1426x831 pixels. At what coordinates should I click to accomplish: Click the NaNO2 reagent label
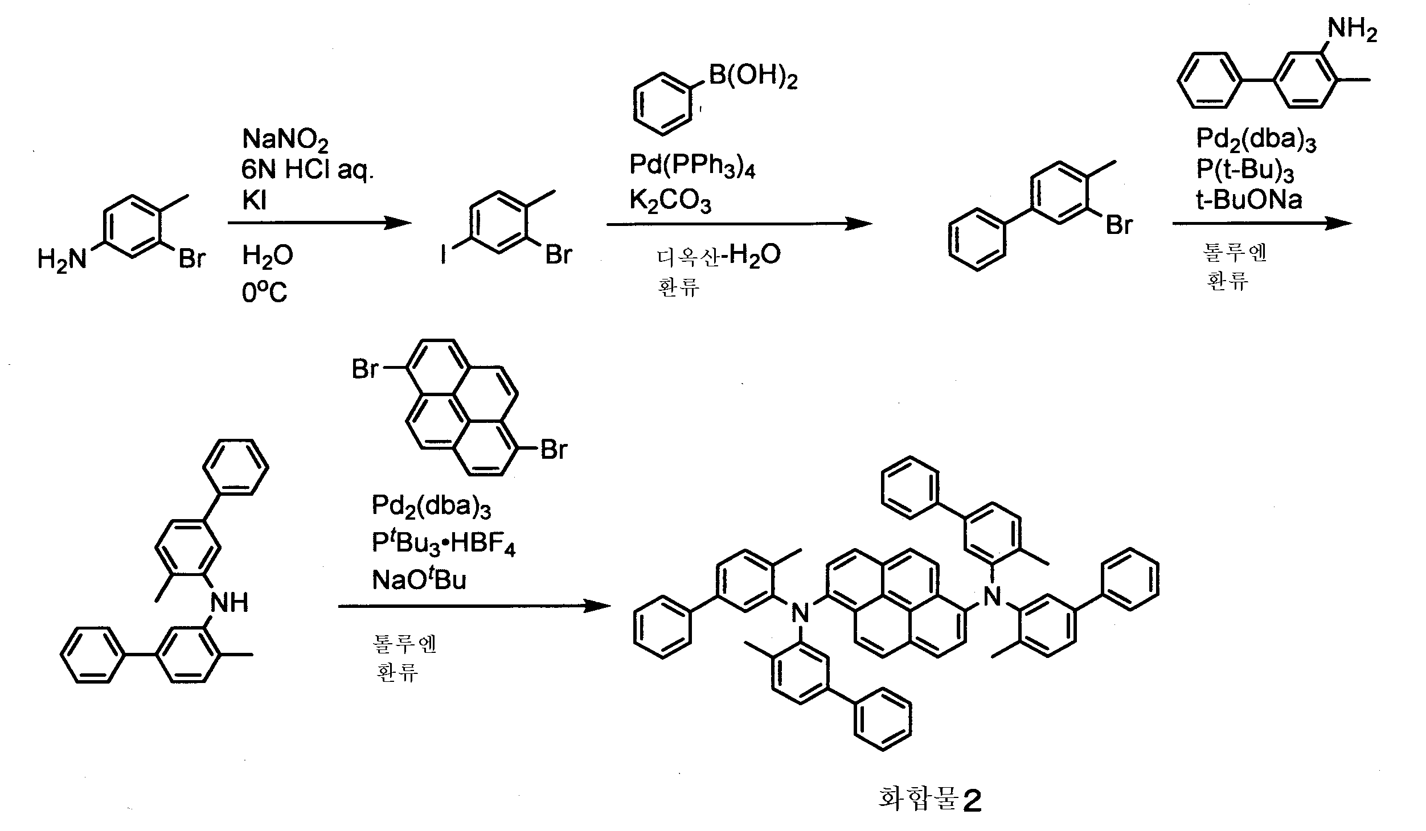[285, 140]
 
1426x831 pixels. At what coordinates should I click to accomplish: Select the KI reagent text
[255, 201]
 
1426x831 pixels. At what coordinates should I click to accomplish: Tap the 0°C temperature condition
[264, 293]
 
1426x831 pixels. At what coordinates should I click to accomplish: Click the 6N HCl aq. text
[308, 170]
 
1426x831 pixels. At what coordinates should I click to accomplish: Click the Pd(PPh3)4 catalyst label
[692, 166]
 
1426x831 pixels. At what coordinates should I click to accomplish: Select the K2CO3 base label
[670, 201]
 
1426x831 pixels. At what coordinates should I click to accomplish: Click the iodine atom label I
[444, 254]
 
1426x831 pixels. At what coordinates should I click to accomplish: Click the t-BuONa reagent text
[1249, 200]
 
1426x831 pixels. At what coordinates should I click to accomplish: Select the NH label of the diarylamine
[230, 602]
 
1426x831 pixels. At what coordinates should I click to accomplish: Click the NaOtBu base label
[419, 579]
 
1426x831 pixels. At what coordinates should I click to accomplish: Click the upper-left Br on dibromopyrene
[365, 368]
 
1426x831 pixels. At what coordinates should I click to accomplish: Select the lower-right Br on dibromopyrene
[554, 449]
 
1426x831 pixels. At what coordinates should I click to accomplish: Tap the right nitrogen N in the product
[992, 596]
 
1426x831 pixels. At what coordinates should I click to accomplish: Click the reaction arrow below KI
[319, 224]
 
